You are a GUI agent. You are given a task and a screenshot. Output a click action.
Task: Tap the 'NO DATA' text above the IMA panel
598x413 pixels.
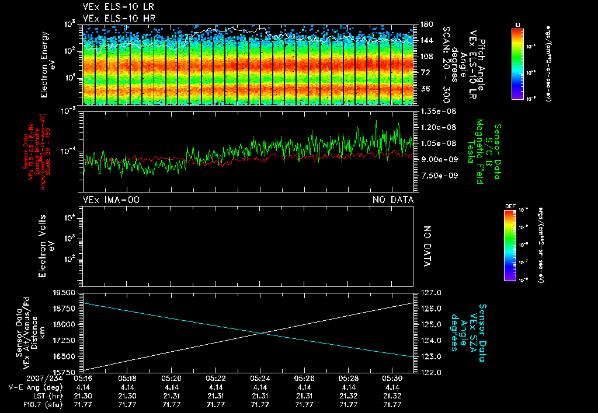393,200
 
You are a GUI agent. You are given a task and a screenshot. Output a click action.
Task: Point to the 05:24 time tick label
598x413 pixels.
260,378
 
